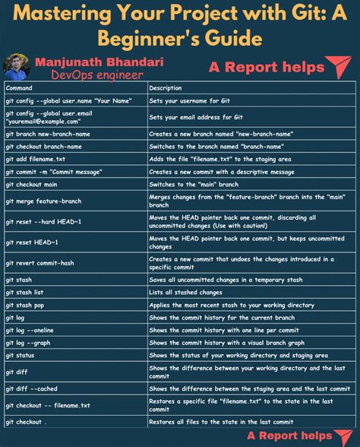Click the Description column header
(x=166, y=87)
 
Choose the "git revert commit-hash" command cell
(x=41, y=262)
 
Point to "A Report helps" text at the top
(x=266, y=68)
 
